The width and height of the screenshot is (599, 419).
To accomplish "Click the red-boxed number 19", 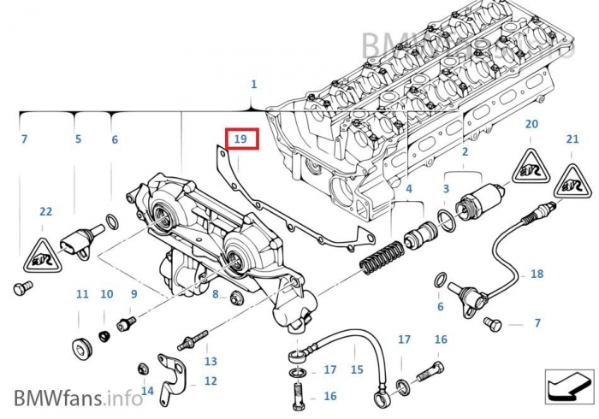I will coord(240,138).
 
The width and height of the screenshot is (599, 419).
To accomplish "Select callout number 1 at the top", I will coord(253,84).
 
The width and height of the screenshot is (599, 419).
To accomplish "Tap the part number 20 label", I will coord(531,124).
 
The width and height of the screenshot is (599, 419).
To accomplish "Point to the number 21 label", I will coord(572,139).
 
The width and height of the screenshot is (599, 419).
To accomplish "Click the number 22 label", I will coord(45,211).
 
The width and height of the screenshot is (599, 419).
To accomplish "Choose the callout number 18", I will coord(537,274).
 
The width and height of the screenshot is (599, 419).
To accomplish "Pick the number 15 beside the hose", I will coord(357,369).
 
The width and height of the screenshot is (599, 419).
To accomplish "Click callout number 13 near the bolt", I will coord(211,361).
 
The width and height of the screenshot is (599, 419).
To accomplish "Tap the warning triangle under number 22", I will coord(40,254).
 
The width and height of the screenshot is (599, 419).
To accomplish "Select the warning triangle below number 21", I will coord(572,182).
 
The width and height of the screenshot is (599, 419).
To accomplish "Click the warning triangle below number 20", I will coord(531,168).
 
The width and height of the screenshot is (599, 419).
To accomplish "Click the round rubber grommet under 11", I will coord(82,349).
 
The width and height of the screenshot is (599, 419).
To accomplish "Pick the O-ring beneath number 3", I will coord(446,220).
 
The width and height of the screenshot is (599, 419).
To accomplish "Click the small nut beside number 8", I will coord(236,297).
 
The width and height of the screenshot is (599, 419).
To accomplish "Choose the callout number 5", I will coord(78,139).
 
